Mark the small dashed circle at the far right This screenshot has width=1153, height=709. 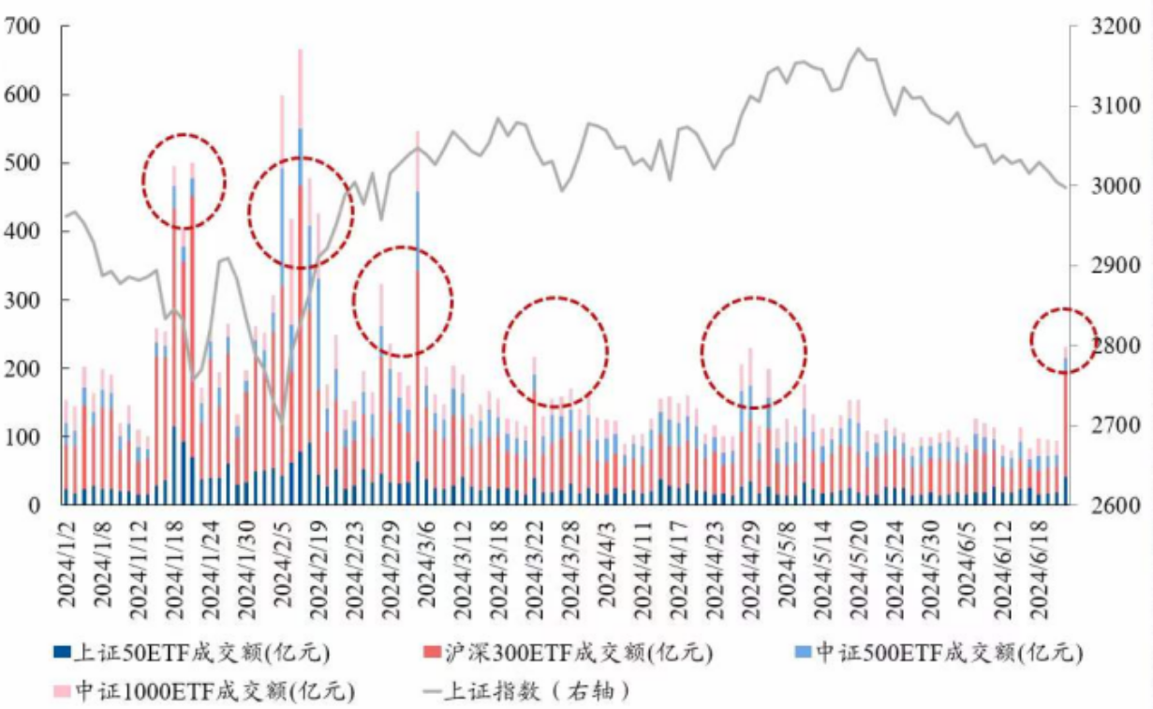click(1063, 338)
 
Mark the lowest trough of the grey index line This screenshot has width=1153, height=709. click(281, 419)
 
